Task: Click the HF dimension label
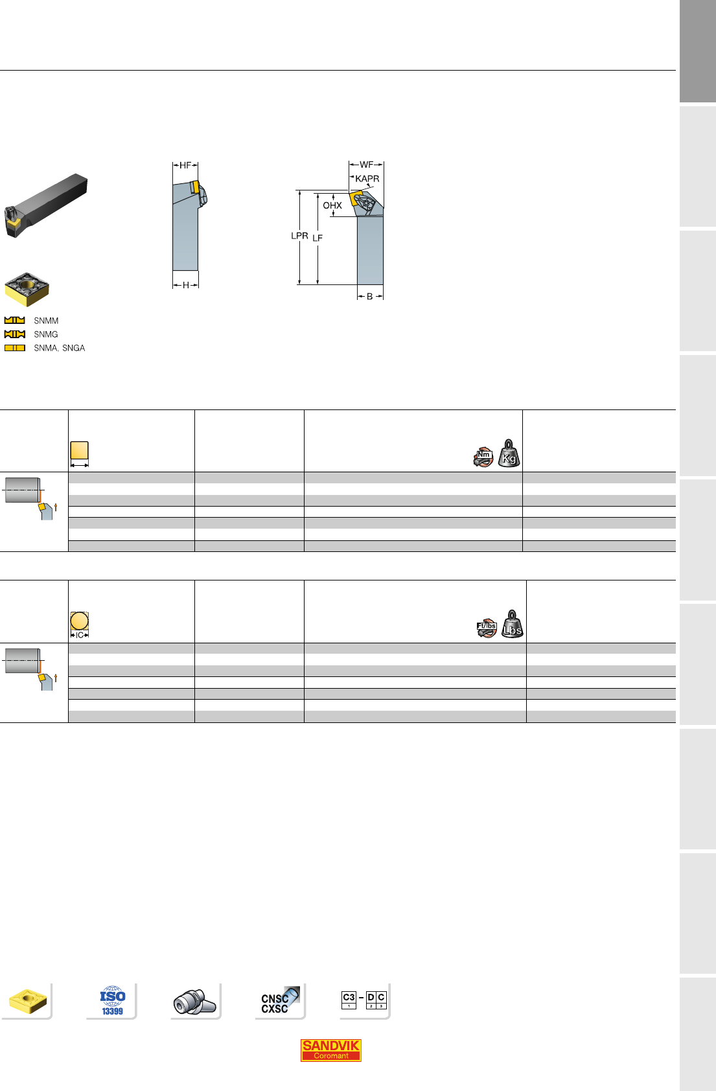(185, 166)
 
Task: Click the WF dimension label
(366, 165)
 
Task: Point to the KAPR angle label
(367, 179)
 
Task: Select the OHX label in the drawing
(332, 205)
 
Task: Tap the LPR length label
(299, 236)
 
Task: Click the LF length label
(318, 238)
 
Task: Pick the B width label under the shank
(370, 297)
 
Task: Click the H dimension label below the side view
(185, 286)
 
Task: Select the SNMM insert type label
(46, 321)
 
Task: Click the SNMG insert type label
(46, 334)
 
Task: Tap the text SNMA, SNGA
(60, 349)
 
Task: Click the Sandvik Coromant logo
(330, 1050)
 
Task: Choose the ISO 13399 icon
(113, 1000)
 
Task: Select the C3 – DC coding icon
(364, 1000)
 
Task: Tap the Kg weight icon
(509, 454)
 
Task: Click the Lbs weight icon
(513, 625)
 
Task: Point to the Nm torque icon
(483, 457)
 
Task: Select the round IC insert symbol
(80, 621)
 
